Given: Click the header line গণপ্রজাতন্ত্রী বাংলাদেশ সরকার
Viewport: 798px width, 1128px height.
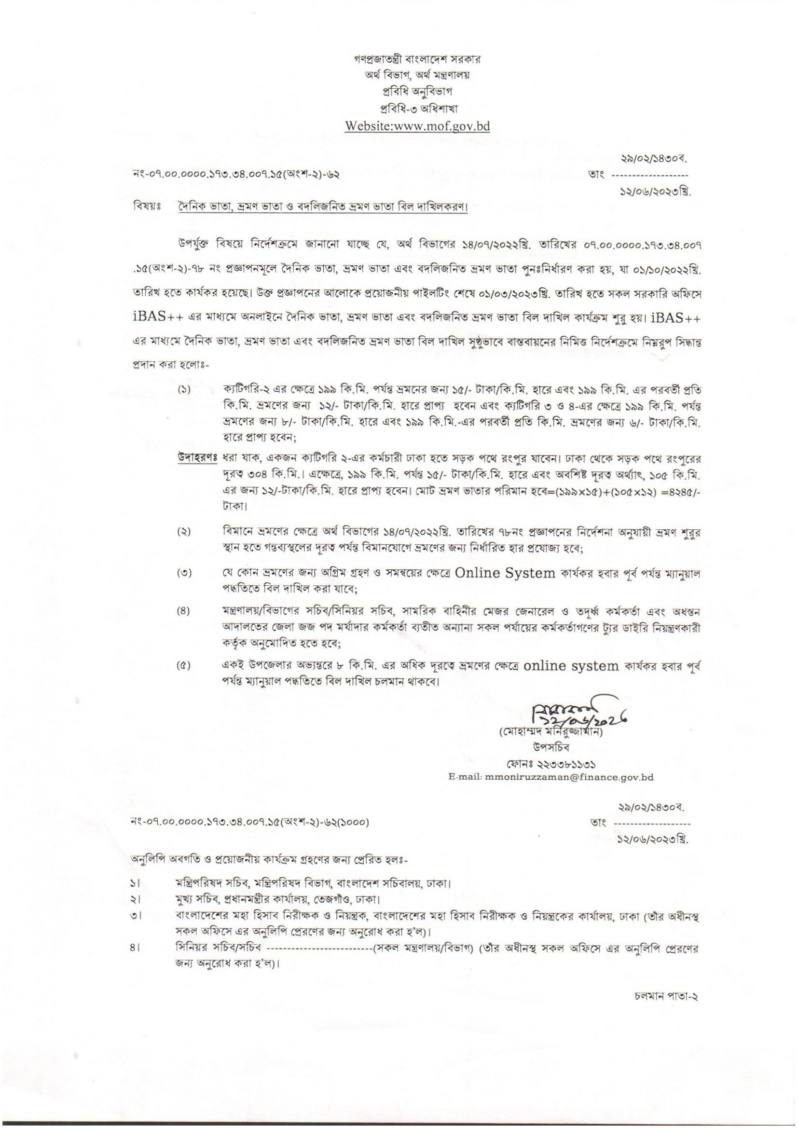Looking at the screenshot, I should pos(417,59).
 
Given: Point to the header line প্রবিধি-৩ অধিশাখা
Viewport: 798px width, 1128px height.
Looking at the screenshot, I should pos(417,109).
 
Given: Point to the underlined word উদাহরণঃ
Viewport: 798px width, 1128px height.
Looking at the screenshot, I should pos(197,459).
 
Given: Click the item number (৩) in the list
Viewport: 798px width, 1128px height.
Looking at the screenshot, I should pos(184,573).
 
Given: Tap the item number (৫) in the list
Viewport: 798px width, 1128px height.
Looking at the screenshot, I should pos(184,667).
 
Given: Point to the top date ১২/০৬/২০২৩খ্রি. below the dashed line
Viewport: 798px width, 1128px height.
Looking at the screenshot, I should pos(655,193).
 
